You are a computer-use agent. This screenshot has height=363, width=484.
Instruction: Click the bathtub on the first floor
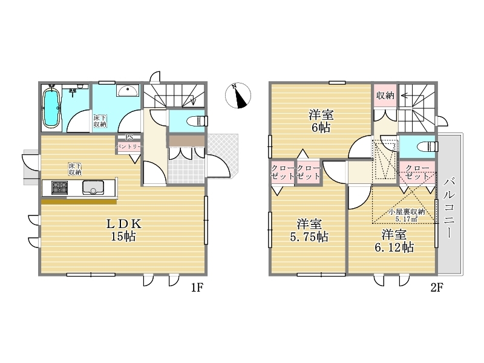pyautogui.click(x=51, y=108)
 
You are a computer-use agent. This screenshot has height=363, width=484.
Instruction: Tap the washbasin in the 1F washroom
pyautogui.click(x=128, y=91)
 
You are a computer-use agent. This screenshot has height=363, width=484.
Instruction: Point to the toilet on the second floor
pyautogui.click(x=427, y=146)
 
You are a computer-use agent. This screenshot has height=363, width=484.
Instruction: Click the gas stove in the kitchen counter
pyautogui.click(x=59, y=188)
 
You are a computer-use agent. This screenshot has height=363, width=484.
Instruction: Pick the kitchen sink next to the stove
pyautogui.click(x=93, y=188)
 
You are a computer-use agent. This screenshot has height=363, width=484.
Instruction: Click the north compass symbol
pyautogui.click(x=238, y=96)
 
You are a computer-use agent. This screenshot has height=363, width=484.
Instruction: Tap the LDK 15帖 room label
pyautogui.click(x=124, y=230)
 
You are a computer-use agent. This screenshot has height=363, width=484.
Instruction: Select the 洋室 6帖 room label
pyautogui.click(x=321, y=121)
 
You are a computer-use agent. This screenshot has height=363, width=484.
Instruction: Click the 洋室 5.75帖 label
pyautogui.click(x=309, y=231)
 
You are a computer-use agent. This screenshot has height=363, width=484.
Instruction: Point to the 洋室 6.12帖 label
pyautogui.click(x=394, y=241)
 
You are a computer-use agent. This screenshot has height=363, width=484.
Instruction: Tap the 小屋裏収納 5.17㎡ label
pyautogui.click(x=407, y=215)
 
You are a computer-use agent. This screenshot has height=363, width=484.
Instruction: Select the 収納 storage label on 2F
pyautogui.click(x=385, y=96)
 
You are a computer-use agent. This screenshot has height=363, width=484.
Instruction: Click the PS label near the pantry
pyautogui.click(x=129, y=137)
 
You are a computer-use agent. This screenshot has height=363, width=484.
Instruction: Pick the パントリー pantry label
pyautogui.click(x=129, y=147)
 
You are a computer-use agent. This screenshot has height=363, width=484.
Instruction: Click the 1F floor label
pyautogui.click(x=197, y=288)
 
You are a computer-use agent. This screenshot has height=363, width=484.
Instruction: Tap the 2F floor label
pyautogui.click(x=436, y=288)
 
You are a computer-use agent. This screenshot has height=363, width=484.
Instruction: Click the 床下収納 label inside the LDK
pyautogui.click(x=75, y=169)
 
